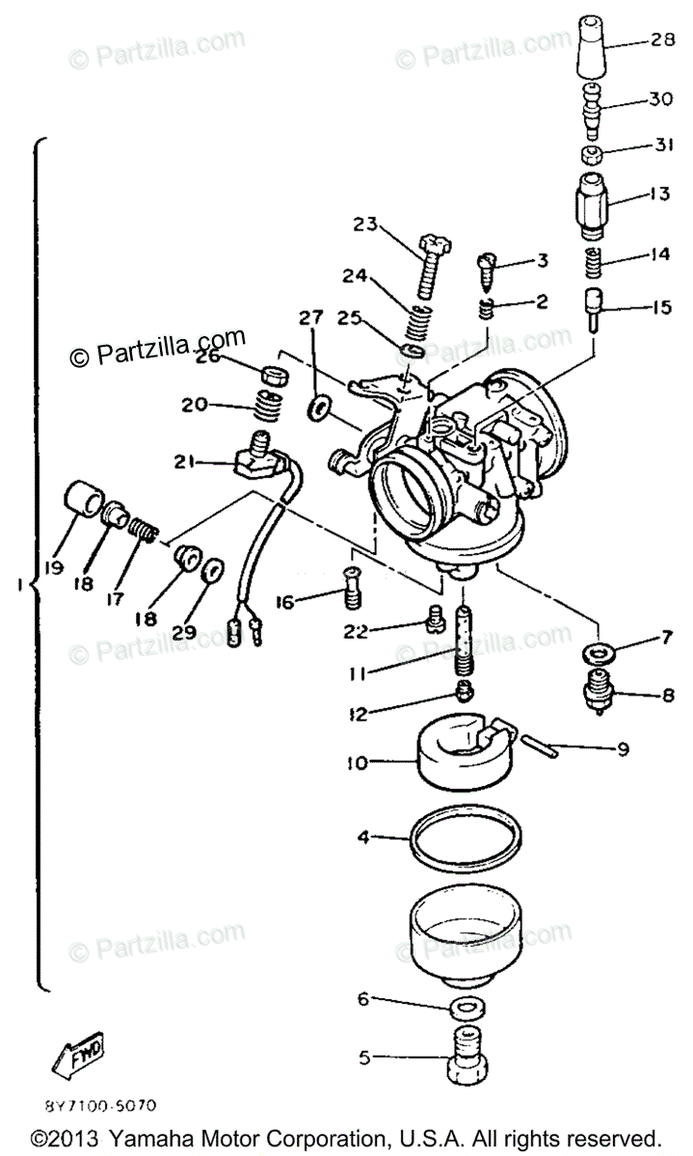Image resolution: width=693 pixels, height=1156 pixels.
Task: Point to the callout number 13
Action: (x=658, y=193)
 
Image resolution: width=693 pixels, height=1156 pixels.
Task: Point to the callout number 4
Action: (x=362, y=837)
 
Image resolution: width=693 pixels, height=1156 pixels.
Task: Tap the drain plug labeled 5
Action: (x=465, y=1057)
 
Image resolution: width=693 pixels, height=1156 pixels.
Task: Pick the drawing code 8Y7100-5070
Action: (x=100, y=1107)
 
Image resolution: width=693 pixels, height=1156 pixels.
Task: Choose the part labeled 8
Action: (x=598, y=691)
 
